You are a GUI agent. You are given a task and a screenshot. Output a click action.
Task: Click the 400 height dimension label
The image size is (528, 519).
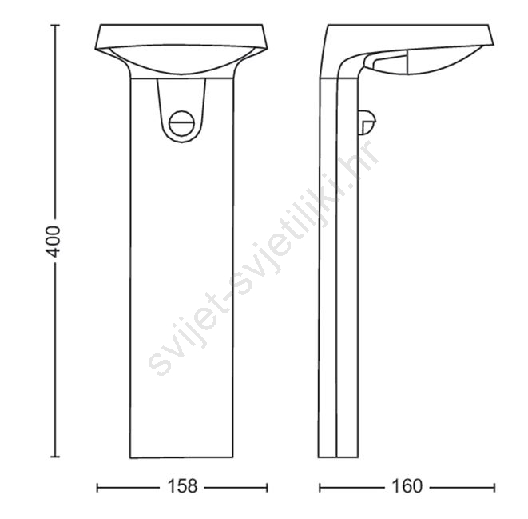click(54, 242)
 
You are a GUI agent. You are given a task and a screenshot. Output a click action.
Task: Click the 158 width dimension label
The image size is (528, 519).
click(182, 486)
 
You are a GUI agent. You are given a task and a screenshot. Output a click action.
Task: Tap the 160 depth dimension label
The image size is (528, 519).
click(407, 486)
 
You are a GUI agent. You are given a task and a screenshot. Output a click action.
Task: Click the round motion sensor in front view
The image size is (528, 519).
click(182, 123)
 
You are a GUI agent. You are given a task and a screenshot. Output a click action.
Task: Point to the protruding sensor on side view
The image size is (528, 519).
click(367, 122)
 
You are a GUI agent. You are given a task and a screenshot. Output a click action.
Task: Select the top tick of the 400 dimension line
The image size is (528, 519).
click(55, 25)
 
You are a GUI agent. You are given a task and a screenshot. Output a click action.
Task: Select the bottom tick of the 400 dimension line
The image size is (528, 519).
click(55, 457)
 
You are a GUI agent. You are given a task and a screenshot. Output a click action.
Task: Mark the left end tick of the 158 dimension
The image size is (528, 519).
click(97, 487)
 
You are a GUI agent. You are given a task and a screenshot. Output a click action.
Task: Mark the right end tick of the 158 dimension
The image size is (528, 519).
click(267, 487)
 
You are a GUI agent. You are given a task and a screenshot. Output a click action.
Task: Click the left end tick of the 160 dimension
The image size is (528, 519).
click(320, 487)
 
